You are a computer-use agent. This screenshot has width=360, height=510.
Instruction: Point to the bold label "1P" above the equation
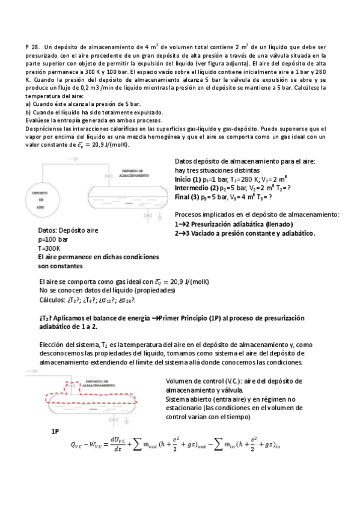point(55,431)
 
